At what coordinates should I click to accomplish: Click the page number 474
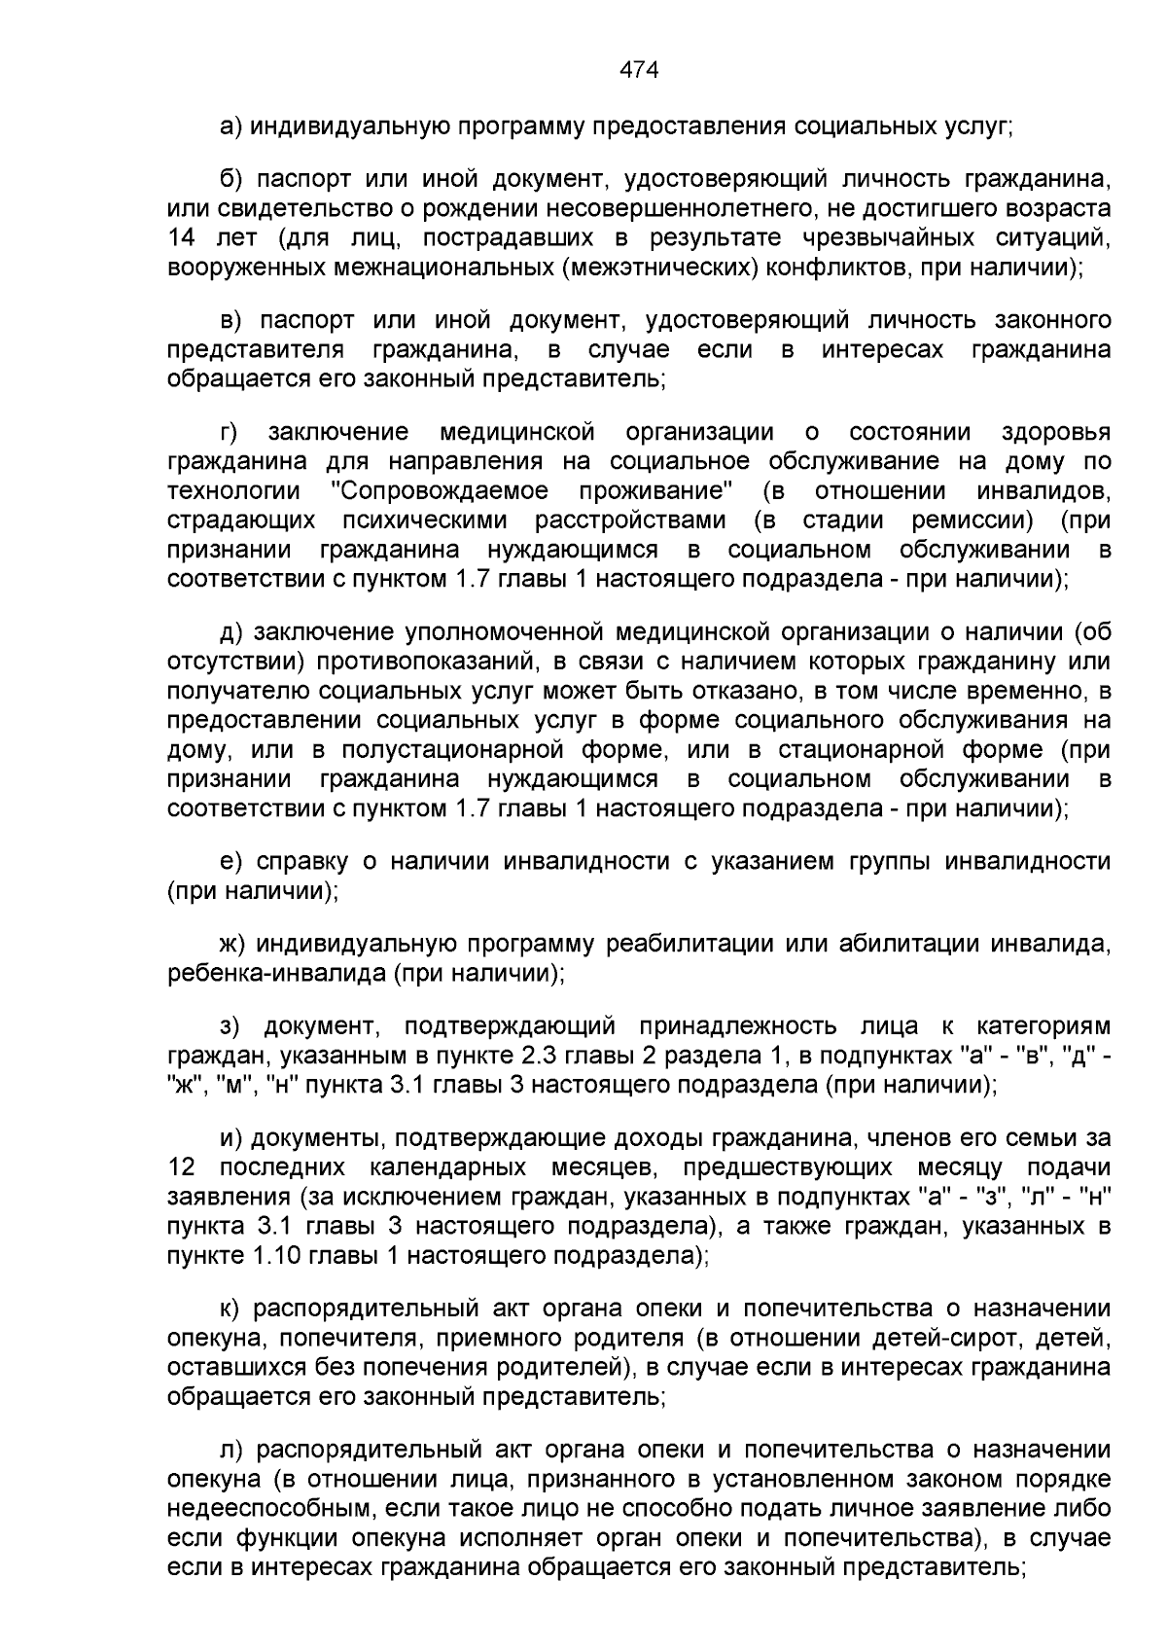[x=639, y=70]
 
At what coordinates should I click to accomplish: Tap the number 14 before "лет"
[x=183, y=238]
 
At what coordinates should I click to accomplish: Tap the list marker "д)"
[x=231, y=632]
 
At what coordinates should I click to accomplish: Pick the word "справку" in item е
[x=298, y=861]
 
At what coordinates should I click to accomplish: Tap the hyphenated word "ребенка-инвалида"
[x=277, y=973]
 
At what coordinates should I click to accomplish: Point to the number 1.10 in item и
[x=277, y=1255]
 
